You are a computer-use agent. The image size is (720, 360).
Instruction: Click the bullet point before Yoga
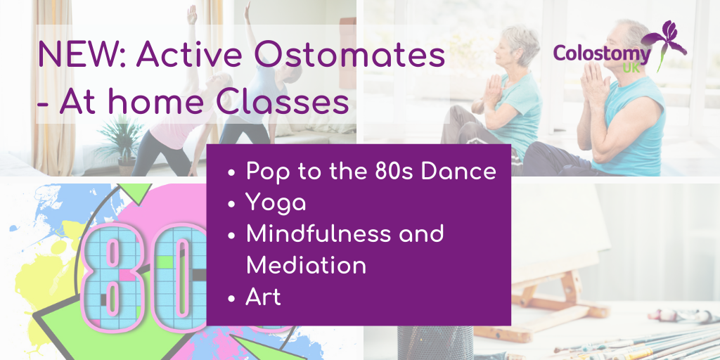click(232, 203)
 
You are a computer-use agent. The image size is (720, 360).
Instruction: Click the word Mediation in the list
click(306, 265)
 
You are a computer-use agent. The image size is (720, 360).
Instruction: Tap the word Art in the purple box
click(263, 297)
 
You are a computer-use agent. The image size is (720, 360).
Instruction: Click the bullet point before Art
click(232, 298)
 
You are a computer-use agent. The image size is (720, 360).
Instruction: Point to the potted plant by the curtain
click(122, 140)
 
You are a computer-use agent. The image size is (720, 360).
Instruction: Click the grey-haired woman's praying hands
click(494, 90)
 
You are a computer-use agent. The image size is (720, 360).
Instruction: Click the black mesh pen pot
click(435, 342)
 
